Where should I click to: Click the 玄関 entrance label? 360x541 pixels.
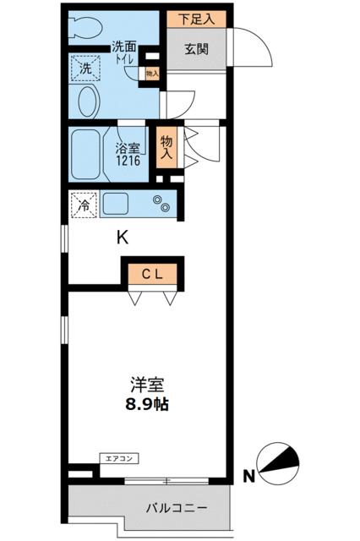tap(195, 49)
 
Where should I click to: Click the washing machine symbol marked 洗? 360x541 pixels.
tap(85, 68)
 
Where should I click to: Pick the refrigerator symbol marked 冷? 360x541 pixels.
tap(84, 205)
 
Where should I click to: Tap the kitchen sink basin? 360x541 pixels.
tap(117, 205)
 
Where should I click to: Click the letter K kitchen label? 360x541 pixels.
tap(123, 238)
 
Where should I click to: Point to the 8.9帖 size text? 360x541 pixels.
tap(146, 404)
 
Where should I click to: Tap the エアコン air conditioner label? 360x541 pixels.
tap(117, 458)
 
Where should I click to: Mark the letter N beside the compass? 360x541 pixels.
tap(248, 476)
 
